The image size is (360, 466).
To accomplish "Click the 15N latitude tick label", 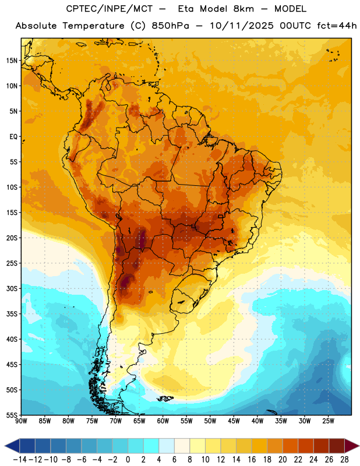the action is click(x=12, y=61).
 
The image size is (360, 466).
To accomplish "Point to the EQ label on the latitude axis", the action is click(x=13, y=137).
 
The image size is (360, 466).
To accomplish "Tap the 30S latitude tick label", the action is click(x=12, y=288).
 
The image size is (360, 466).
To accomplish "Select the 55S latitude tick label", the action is click(x=12, y=415).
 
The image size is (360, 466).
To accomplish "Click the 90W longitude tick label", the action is click(x=21, y=421).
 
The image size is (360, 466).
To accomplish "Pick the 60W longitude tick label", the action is click(x=163, y=421).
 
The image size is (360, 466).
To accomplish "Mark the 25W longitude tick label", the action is click(x=328, y=421).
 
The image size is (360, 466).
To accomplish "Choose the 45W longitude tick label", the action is click(x=234, y=421).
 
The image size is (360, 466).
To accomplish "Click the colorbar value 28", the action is click(x=344, y=460).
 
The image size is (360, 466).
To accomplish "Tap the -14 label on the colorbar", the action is click(x=20, y=460).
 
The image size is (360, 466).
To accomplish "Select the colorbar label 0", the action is click(x=128, y=460).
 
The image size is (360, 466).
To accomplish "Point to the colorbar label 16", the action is click(x=252, y=460).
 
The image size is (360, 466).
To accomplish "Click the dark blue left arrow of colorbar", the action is click(x=12, y=446).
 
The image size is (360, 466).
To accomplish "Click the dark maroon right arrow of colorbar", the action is click(x=352, y=446).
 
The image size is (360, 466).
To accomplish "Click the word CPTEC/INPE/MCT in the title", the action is click(x=110, y=9).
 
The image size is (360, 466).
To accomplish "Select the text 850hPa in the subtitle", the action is click(x=170, y=26).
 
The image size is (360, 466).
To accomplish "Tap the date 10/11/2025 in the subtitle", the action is click(x=242, y=26).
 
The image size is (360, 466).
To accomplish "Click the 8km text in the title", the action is click(x=243, y=9).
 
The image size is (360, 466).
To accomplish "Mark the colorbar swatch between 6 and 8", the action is click(x=182, y=446).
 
